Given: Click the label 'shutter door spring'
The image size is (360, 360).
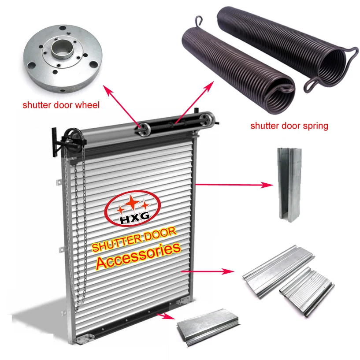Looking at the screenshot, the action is tap(289, 126).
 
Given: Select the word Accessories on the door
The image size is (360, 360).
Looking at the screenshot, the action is tap(138, 256).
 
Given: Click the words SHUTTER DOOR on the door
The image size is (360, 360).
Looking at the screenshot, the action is tap(134, 238).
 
